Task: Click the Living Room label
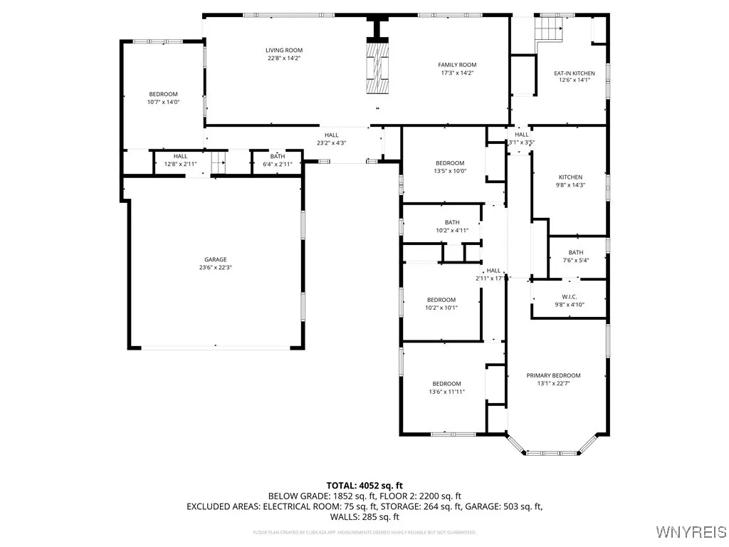(284, 51)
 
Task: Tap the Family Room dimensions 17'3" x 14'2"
(456, 73)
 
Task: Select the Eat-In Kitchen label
(574, 73)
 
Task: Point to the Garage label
(215, 260)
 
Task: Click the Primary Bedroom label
(553, 375)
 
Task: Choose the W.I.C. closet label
(569, 296)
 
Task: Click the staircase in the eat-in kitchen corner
(548, 29)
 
